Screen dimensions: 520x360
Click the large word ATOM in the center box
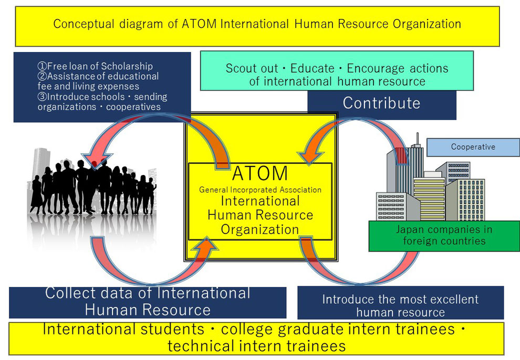[260, 173]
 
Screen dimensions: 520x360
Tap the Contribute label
[382, 103]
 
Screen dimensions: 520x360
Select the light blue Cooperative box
[473, 147]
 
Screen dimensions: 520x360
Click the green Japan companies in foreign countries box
[444, 236]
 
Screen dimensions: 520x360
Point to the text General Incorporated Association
[260, 190]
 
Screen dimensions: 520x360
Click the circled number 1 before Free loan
[43, 66]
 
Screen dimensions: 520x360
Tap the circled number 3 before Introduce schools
[43, 97]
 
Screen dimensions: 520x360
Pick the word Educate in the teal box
[313, 68]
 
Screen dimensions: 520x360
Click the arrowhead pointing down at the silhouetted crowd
[96, 161]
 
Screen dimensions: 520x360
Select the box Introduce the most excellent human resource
[401, 303]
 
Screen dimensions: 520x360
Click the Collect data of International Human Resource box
[148, 303]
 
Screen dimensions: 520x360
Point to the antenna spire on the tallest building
[418, 139]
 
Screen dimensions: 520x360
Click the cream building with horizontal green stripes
[429, 199]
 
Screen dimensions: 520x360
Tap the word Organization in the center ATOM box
[260, 230]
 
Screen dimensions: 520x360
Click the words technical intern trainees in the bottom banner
[257, 346]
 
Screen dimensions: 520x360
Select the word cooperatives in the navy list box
[133, 107]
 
